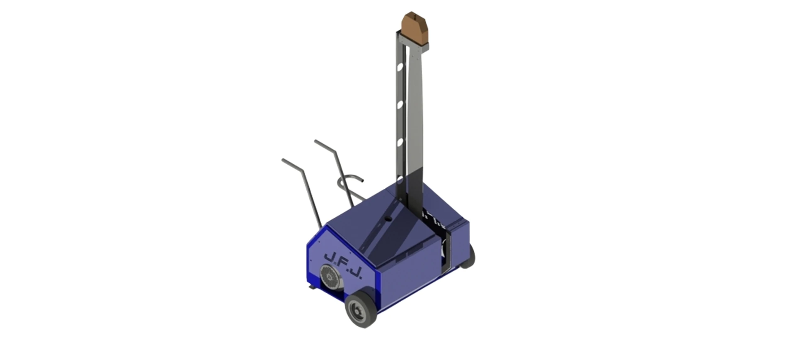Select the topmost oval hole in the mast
(400, 67)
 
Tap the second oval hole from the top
(400, 105)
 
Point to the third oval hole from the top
(400, 142)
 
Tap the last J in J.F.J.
(355, 272)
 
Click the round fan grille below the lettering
(330, 278)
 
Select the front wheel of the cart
(361, 309)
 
